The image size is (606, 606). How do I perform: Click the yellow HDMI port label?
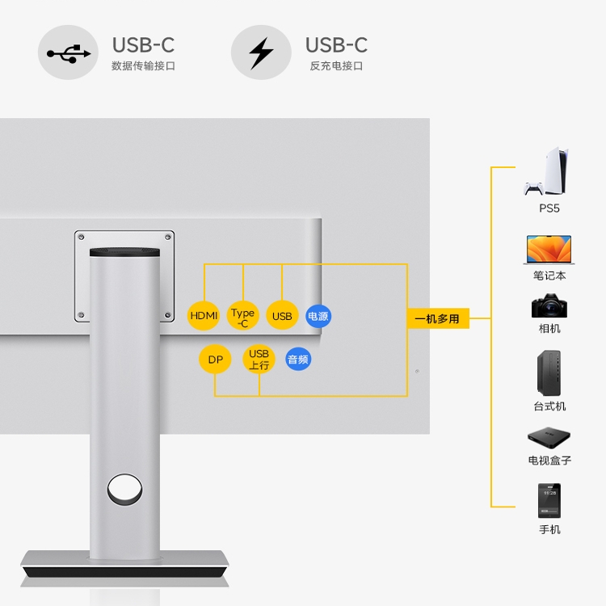click(x=204, y=316)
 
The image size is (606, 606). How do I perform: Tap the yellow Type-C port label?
click(x=242, y=317)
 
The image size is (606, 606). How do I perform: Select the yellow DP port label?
click(x=215, y=360)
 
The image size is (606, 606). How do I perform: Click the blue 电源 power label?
click(x=318, y=316)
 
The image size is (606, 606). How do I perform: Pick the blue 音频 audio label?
click(x=298, y=360)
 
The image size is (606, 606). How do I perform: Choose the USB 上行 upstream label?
click(x=259, y=360)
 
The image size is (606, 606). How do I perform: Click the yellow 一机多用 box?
click(x=436, y=318)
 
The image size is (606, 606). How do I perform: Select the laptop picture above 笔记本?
click(x=549, y=250)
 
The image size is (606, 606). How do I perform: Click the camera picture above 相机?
click(x=549, y=306)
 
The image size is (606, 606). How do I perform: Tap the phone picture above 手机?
click(x=549, y=501)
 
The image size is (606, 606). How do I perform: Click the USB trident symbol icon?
click(x=69, y=53)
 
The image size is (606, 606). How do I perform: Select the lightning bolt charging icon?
click(x=261, y=53)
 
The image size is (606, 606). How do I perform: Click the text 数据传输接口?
click(x=143, y=66)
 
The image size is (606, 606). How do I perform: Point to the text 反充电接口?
click(x=336, y=66)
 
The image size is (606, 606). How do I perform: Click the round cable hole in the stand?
click(x=124, y=489)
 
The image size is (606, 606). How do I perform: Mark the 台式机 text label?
click(x=549, y=406)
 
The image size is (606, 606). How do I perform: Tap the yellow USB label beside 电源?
click(x=282, y=316)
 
